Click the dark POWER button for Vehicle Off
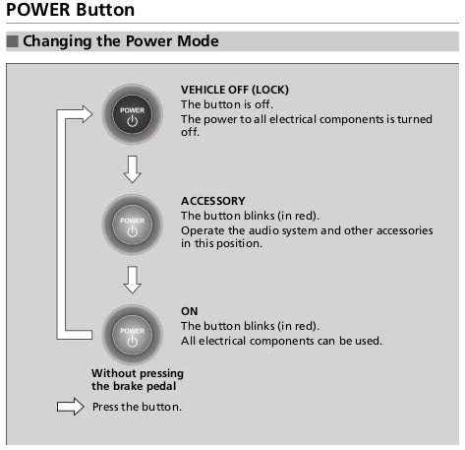tap(133, 114)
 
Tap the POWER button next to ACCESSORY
tap(133, 225)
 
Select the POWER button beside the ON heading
tap(133, 335)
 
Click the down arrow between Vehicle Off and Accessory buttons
tap(133, 169)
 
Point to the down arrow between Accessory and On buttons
tap(133, 280)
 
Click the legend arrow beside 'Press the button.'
tap(71, 407)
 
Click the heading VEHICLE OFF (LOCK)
tap(235, 90)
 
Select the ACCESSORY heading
tap(213, 201)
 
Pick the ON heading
tap(190, 311)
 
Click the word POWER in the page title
tap(38, 10)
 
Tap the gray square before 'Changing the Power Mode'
tap(13, 41)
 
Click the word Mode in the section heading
tap(198, 41)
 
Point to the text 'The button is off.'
tap(227, 104)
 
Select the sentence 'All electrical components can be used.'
tap(281, 341)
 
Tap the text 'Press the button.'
tap(137, 407)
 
